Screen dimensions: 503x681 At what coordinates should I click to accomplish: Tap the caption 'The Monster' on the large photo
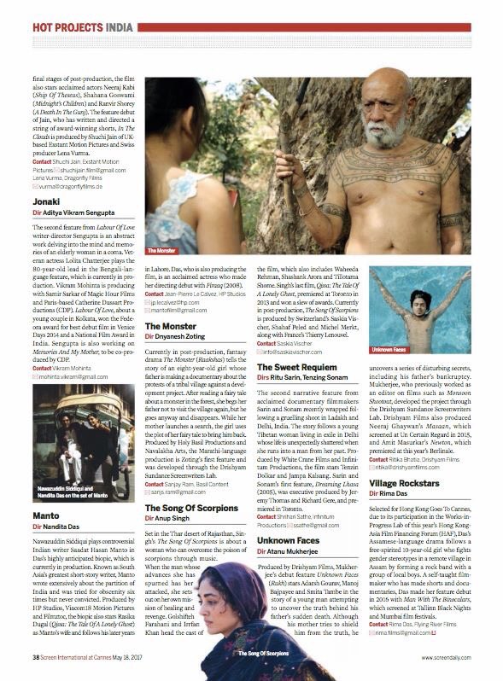click(x=161, y=252)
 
